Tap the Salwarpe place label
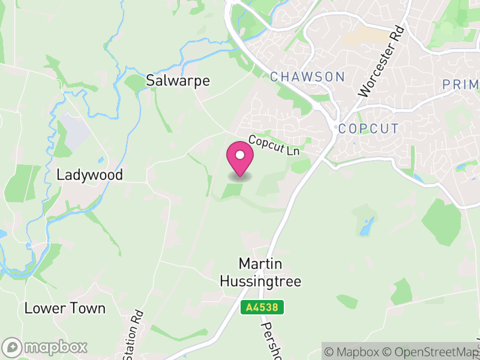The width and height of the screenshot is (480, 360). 178,81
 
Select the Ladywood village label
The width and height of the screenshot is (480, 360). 89,175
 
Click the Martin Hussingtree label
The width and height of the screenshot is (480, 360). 260,272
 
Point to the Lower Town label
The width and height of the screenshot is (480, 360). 65,308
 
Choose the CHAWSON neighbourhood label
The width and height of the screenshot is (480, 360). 307,77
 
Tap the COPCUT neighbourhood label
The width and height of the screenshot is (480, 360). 368,128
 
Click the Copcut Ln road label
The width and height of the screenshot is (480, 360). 274,146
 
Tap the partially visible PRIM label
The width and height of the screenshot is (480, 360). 461,85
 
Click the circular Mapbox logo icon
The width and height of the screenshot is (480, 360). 12,347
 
